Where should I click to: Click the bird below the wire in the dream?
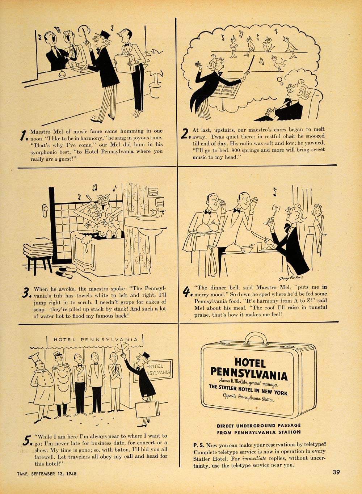pos(278,64)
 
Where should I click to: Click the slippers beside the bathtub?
pos(66,272)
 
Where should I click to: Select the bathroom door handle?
pos(45,208)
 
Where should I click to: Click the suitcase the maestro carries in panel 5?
pos(147,409)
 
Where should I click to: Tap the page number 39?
pos(336,472)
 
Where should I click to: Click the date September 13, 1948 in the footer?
pos(54,473)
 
